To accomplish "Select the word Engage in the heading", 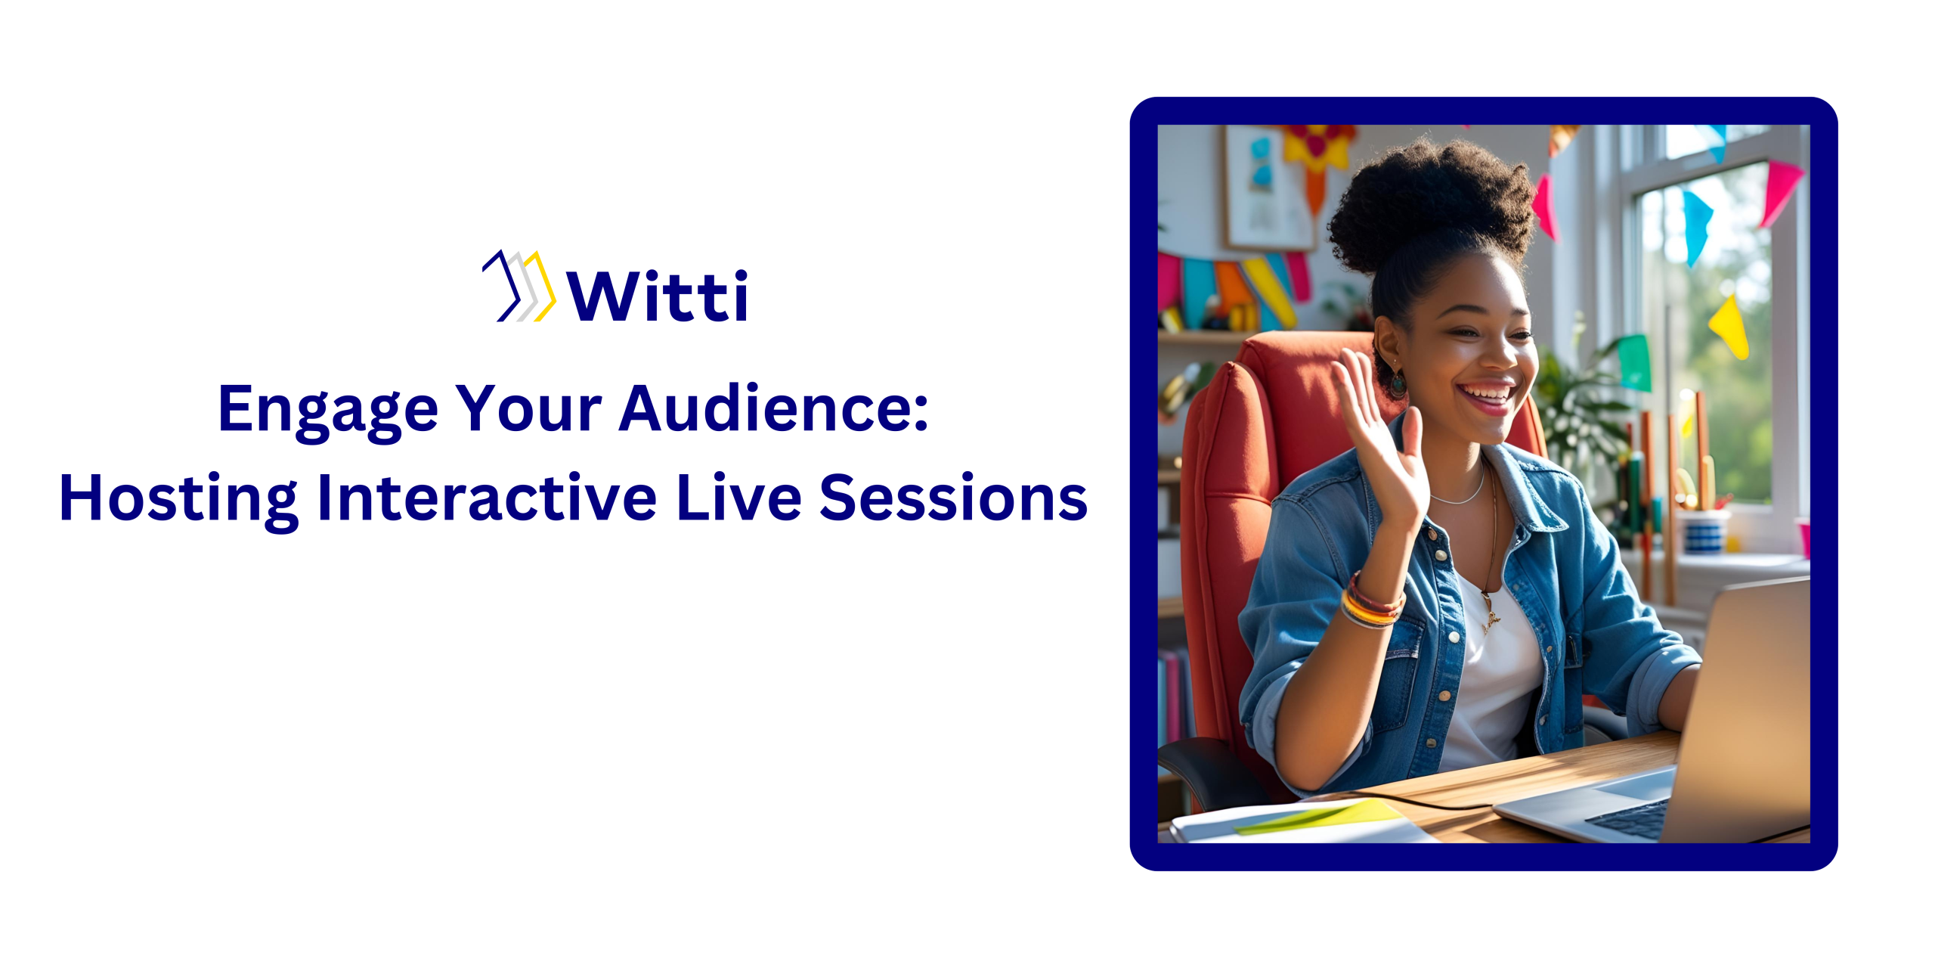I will click(327, 410).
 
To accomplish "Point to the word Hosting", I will click(178, 499).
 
